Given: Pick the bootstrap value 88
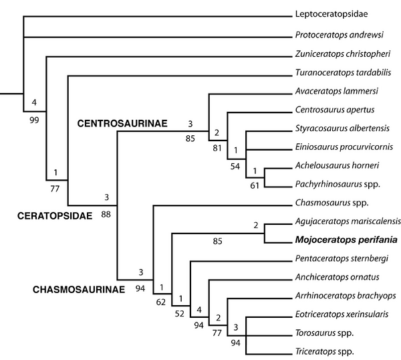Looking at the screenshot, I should [x=106, y=213].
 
